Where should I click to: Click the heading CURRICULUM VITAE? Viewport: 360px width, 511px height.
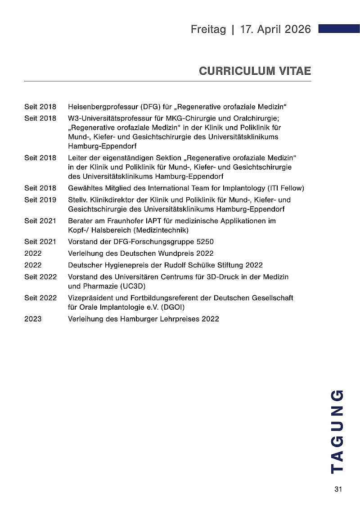[x=255, y=71]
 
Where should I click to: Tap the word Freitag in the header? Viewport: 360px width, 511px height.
[x=208, y=29]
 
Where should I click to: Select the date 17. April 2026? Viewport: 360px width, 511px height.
[x=275, y=29]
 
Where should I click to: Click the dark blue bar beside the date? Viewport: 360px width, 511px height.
[x=338, y=29]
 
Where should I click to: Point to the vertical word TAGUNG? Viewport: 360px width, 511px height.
[x=337, y=431]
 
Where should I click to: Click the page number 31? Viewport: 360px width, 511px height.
[x=338, y=489]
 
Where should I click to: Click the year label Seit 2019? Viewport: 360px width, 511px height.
[x=40, y=199]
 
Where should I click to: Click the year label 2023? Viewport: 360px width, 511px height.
[x=33, y=319]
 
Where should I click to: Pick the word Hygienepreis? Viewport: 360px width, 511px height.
[x=126, y=265]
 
